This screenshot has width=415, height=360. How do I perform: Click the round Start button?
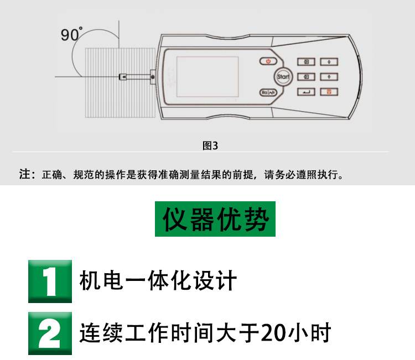coord(283,77)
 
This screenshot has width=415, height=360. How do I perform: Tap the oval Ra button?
coord(268,92)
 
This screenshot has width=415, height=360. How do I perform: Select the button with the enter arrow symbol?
coord(306,92)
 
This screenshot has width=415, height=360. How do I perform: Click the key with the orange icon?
coord(329,92)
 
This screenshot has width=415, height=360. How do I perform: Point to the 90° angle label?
coord(71,34)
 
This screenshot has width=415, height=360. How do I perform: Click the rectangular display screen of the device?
coord(207,76)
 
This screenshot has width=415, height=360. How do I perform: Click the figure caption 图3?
coord(210,145)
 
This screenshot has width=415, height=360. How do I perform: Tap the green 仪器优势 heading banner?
coord(215,219)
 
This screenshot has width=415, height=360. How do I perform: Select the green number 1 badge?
coord(50,281)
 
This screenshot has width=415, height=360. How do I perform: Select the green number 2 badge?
coord(50,333)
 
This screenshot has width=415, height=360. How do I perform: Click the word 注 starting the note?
coord(24,174)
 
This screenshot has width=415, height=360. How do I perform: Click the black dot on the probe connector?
coord(153,77)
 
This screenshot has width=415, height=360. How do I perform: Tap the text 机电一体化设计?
coord(158,281)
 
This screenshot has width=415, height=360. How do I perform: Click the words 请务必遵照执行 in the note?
coord(301,175)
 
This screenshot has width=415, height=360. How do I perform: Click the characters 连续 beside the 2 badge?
coord(101,332)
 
